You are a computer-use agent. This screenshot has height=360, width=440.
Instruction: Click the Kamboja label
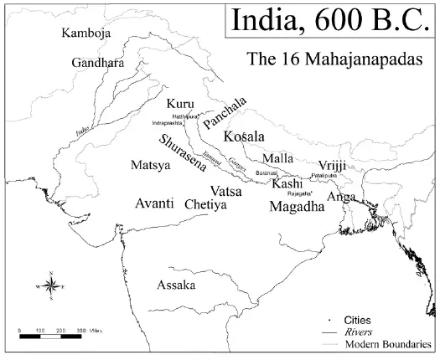tap(87, 33)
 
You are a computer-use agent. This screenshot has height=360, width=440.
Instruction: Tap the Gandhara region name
tap(96, 64)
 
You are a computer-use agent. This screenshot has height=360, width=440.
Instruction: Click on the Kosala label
tap(244, 136)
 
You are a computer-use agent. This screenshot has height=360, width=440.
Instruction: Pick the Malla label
tap(277, 158)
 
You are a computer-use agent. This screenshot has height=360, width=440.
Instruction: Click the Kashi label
tap(287, 183)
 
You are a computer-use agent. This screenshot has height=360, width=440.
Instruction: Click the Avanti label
tap(155, 203)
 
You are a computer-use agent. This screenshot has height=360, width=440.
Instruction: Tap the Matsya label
tap(151, 166)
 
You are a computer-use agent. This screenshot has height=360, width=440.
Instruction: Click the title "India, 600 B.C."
tap(329, 19)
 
